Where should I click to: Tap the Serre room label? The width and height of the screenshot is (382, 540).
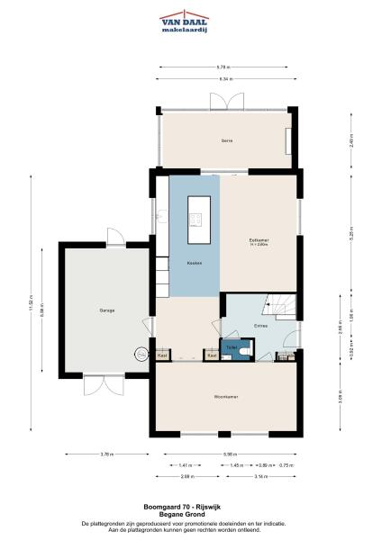(x=226, y=140)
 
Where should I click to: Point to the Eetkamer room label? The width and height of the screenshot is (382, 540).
(x=259, y=240)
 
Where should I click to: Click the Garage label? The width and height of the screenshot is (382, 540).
(x=106, y=310)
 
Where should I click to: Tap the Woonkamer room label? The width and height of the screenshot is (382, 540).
(x=225, y=397)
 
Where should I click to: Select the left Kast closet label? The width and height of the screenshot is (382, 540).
(x=162, y=355)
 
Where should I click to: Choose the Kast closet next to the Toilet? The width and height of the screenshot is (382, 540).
(x=212, y=355)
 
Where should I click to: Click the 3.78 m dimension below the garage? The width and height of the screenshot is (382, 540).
(x=106, y=453)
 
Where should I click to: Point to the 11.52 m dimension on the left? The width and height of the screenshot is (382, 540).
(x=32, y=306)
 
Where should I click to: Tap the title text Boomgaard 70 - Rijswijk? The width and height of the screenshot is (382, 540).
(x=190, y=507)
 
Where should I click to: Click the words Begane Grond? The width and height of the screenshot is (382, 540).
(x=190, y=514)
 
